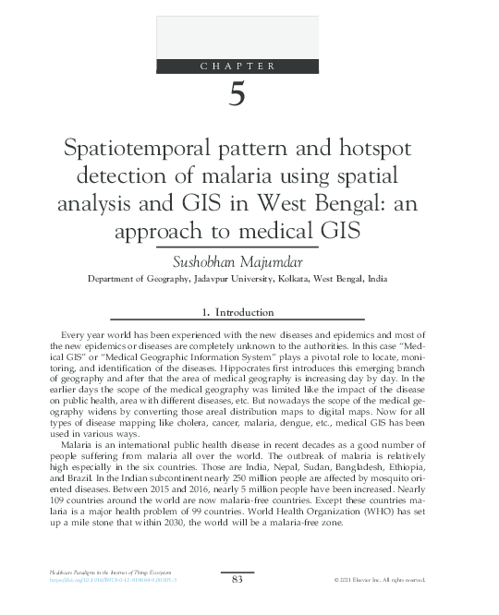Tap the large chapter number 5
pyautogui.click(x=237, y=96)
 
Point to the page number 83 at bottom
pyautogui.click(x=237, y=579)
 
